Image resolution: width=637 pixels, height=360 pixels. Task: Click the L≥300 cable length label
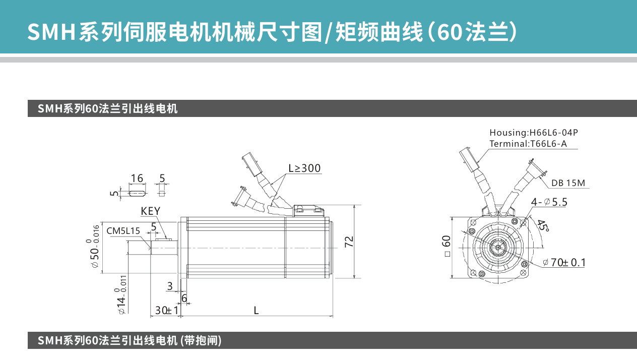click(x=304, y=168)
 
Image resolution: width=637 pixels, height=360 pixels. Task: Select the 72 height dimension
click(x=349, y=242)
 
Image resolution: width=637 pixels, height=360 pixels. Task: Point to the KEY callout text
click(x=151, y=211)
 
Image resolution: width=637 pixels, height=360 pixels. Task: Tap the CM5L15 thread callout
click(x=123, y=231)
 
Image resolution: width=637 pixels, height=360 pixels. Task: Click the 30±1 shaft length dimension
click(x=167, y=310)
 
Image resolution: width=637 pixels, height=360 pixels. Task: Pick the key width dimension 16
click(x=137, y=178)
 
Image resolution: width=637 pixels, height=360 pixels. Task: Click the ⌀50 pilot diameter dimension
click(x=94, y=247)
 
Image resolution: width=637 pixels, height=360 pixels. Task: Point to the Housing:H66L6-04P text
click(x=534, y=133)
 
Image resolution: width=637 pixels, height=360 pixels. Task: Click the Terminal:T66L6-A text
click(x=528, y=144)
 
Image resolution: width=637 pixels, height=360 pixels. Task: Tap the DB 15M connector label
click(x=568, y=183)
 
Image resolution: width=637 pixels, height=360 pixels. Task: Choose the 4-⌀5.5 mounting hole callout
click(x=549, y=202)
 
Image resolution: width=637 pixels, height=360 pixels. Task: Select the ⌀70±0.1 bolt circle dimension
click(x=564, y=262)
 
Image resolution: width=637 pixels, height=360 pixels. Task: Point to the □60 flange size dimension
click(x=447, y=246)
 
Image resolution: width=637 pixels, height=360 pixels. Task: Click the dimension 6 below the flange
click(x=184, y=298)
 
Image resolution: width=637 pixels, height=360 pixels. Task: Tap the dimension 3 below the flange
click(x=170, y=286)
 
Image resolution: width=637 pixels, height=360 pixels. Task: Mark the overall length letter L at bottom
click(x=256, y=311)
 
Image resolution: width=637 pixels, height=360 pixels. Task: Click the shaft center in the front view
click(x=498, y=248)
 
